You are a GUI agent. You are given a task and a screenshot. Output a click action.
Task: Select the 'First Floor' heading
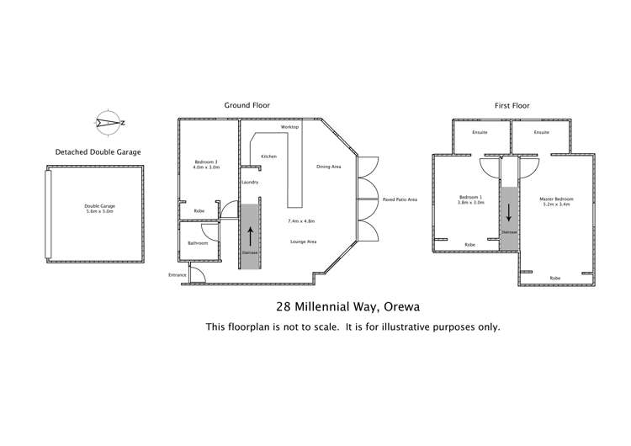(512, 106)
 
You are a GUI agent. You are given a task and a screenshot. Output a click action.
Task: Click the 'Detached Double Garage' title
(98, 152)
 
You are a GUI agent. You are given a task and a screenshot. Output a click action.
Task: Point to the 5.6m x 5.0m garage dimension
(99, 212)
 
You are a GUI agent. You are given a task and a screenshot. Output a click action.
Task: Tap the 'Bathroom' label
(198, 242)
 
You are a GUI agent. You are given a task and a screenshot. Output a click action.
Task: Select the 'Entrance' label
(178, 275)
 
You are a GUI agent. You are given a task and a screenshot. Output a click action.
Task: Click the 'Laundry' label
(249, 183)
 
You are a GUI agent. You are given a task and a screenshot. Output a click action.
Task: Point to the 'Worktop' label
(289, 126)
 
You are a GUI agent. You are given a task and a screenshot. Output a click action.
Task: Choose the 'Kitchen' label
(269, 157)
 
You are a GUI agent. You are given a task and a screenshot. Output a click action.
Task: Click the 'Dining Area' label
(328, 167)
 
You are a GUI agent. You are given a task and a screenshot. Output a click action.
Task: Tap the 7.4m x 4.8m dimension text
(300, 220)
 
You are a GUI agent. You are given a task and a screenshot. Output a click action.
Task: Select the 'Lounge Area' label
(303, 242)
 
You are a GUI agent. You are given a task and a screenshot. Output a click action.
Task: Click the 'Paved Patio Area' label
(400, 199)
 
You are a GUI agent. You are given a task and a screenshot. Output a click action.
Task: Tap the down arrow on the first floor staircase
(509, 208)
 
